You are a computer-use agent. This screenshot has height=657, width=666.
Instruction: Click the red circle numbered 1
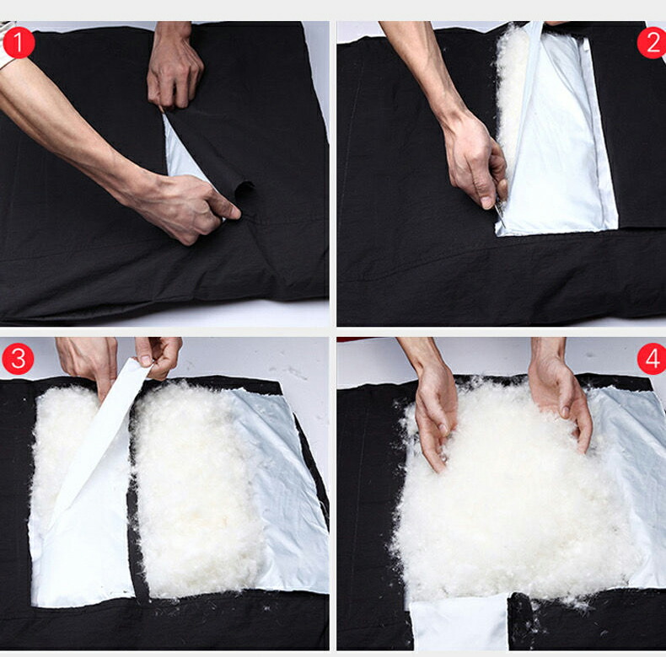pyautogui.click(x=19, y=42)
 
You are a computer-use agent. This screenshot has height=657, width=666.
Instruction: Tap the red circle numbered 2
pyautogui.click(x=652, y=42)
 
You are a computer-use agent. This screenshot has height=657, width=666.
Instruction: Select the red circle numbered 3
pyautogui.click(x=19, y=359)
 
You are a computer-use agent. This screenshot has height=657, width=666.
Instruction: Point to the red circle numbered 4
pyautogui.click(x=652, y=359)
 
